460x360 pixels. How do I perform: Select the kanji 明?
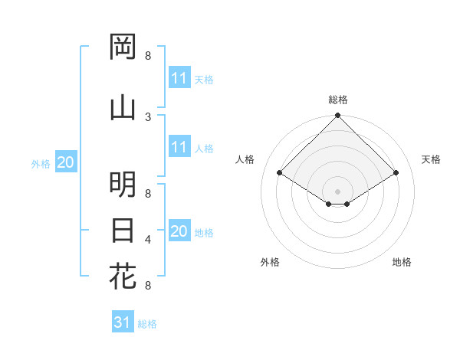[x=123, y=185]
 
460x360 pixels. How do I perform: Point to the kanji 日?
[x=123, y=230]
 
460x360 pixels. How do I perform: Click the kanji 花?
[x=123, y=276]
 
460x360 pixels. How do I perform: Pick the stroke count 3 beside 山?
[x=148, y=116]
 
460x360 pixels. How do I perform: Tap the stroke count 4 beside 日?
[x=148, y=240]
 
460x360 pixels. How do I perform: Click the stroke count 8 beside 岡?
[x=148, y=56]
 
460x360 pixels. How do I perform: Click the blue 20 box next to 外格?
[x=66, y=162]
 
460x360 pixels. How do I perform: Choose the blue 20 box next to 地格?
[x=179, y=231]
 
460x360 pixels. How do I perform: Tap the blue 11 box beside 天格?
[x=179, y=78]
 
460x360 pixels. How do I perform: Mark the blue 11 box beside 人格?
[x=179, y=147]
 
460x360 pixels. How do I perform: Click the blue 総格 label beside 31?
[x=147, y=324]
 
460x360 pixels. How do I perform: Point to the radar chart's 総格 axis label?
[x=338, y=100]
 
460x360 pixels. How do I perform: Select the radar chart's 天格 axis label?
[x=432, y=159]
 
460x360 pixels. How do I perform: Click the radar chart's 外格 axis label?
[x=270, y=262]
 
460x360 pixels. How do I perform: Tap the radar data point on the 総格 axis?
[x=338, y=116]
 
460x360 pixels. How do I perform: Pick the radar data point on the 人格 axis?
[x=280, y=173]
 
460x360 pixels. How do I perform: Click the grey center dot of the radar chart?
[x=338, y=190]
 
